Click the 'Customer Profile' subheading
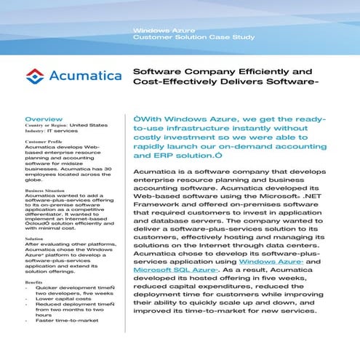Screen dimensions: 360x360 click(44, 142)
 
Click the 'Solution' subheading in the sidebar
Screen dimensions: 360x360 click(34, 238)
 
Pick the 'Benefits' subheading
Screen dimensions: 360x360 click(34, 281)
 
